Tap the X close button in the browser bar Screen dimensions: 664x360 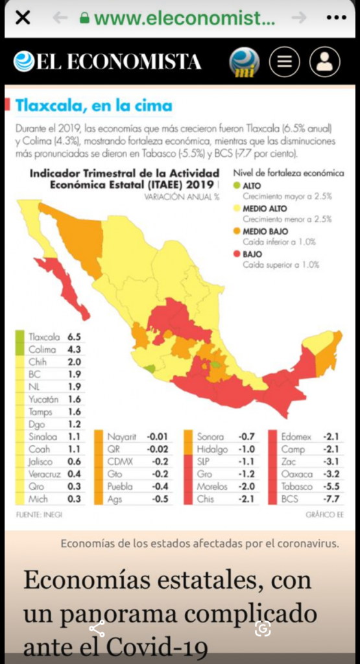tap(22, 18)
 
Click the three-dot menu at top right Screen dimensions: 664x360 tap(336, 18)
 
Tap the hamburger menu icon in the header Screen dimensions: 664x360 tap(284, 62)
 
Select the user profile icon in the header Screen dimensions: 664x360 tap(324, 62)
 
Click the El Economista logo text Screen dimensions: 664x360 tap(108, 62)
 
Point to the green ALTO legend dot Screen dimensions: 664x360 tap(237, 186)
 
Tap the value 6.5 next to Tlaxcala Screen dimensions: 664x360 tap(74, 337)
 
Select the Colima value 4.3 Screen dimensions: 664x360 tap(74, 350)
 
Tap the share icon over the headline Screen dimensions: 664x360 tap(97, 628)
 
